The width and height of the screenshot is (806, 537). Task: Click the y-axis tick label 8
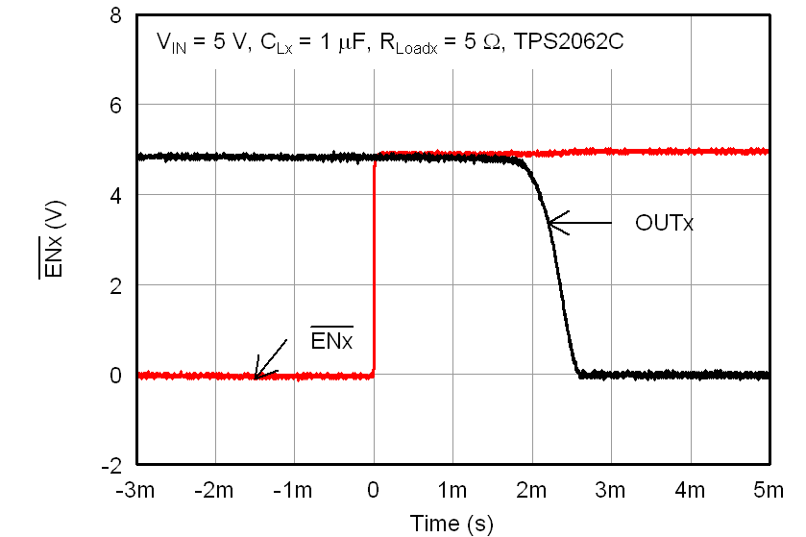tap(115, 16)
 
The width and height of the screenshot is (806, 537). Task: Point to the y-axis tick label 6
tap(115, 105)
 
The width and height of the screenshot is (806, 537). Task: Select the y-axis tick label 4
tap(115, 195)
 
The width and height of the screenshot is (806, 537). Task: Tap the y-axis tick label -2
tap(111, 465)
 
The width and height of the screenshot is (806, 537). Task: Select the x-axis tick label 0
tap(374, 491)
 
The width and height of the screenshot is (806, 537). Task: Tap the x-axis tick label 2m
tap(531, 491)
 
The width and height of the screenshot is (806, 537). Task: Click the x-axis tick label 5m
tap(768, 491)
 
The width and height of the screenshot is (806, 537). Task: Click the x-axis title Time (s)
tap(452, 524)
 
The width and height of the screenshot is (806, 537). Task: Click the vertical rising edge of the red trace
tap(374, 269)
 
